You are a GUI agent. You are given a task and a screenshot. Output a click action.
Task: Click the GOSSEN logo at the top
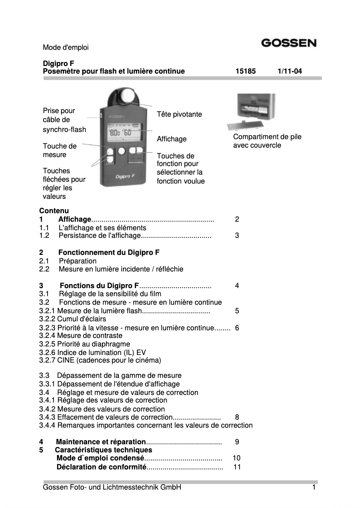click(x=289, y=44)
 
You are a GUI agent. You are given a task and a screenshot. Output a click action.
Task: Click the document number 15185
click(x=246, y=71)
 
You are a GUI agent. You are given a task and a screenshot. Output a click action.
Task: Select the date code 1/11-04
click(x=290, y=71)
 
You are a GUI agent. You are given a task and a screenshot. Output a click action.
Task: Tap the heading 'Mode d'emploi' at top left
click(x=66, y=47)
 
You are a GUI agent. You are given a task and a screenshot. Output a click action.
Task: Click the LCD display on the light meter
click(x=123, y=131)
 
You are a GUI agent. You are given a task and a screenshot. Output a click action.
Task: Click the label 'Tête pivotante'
click(x=179, y=114)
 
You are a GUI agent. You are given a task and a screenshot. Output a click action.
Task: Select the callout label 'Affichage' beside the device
click(x=171, y=139)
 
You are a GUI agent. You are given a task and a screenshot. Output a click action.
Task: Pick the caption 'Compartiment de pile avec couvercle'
click(x=267, y=141)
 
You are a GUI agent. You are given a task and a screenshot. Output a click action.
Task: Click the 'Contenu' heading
click(x=54, y=210)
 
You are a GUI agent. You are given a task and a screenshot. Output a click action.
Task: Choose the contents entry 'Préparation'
click(x=78, y=261)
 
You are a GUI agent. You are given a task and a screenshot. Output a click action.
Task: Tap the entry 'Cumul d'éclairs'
click(x=73, y=319)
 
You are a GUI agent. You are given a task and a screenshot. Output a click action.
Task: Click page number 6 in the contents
click(x=237, y=328)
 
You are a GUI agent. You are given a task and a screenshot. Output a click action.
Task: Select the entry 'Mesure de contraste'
click(x=81, y=335)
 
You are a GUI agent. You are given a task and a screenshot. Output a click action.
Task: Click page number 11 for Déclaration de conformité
click(x=237, y=467)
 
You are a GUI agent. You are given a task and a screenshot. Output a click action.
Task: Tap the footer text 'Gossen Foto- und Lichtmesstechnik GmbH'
click(x=112, y=487)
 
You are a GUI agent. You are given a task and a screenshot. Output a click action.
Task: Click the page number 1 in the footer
click(x=314, y=487)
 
